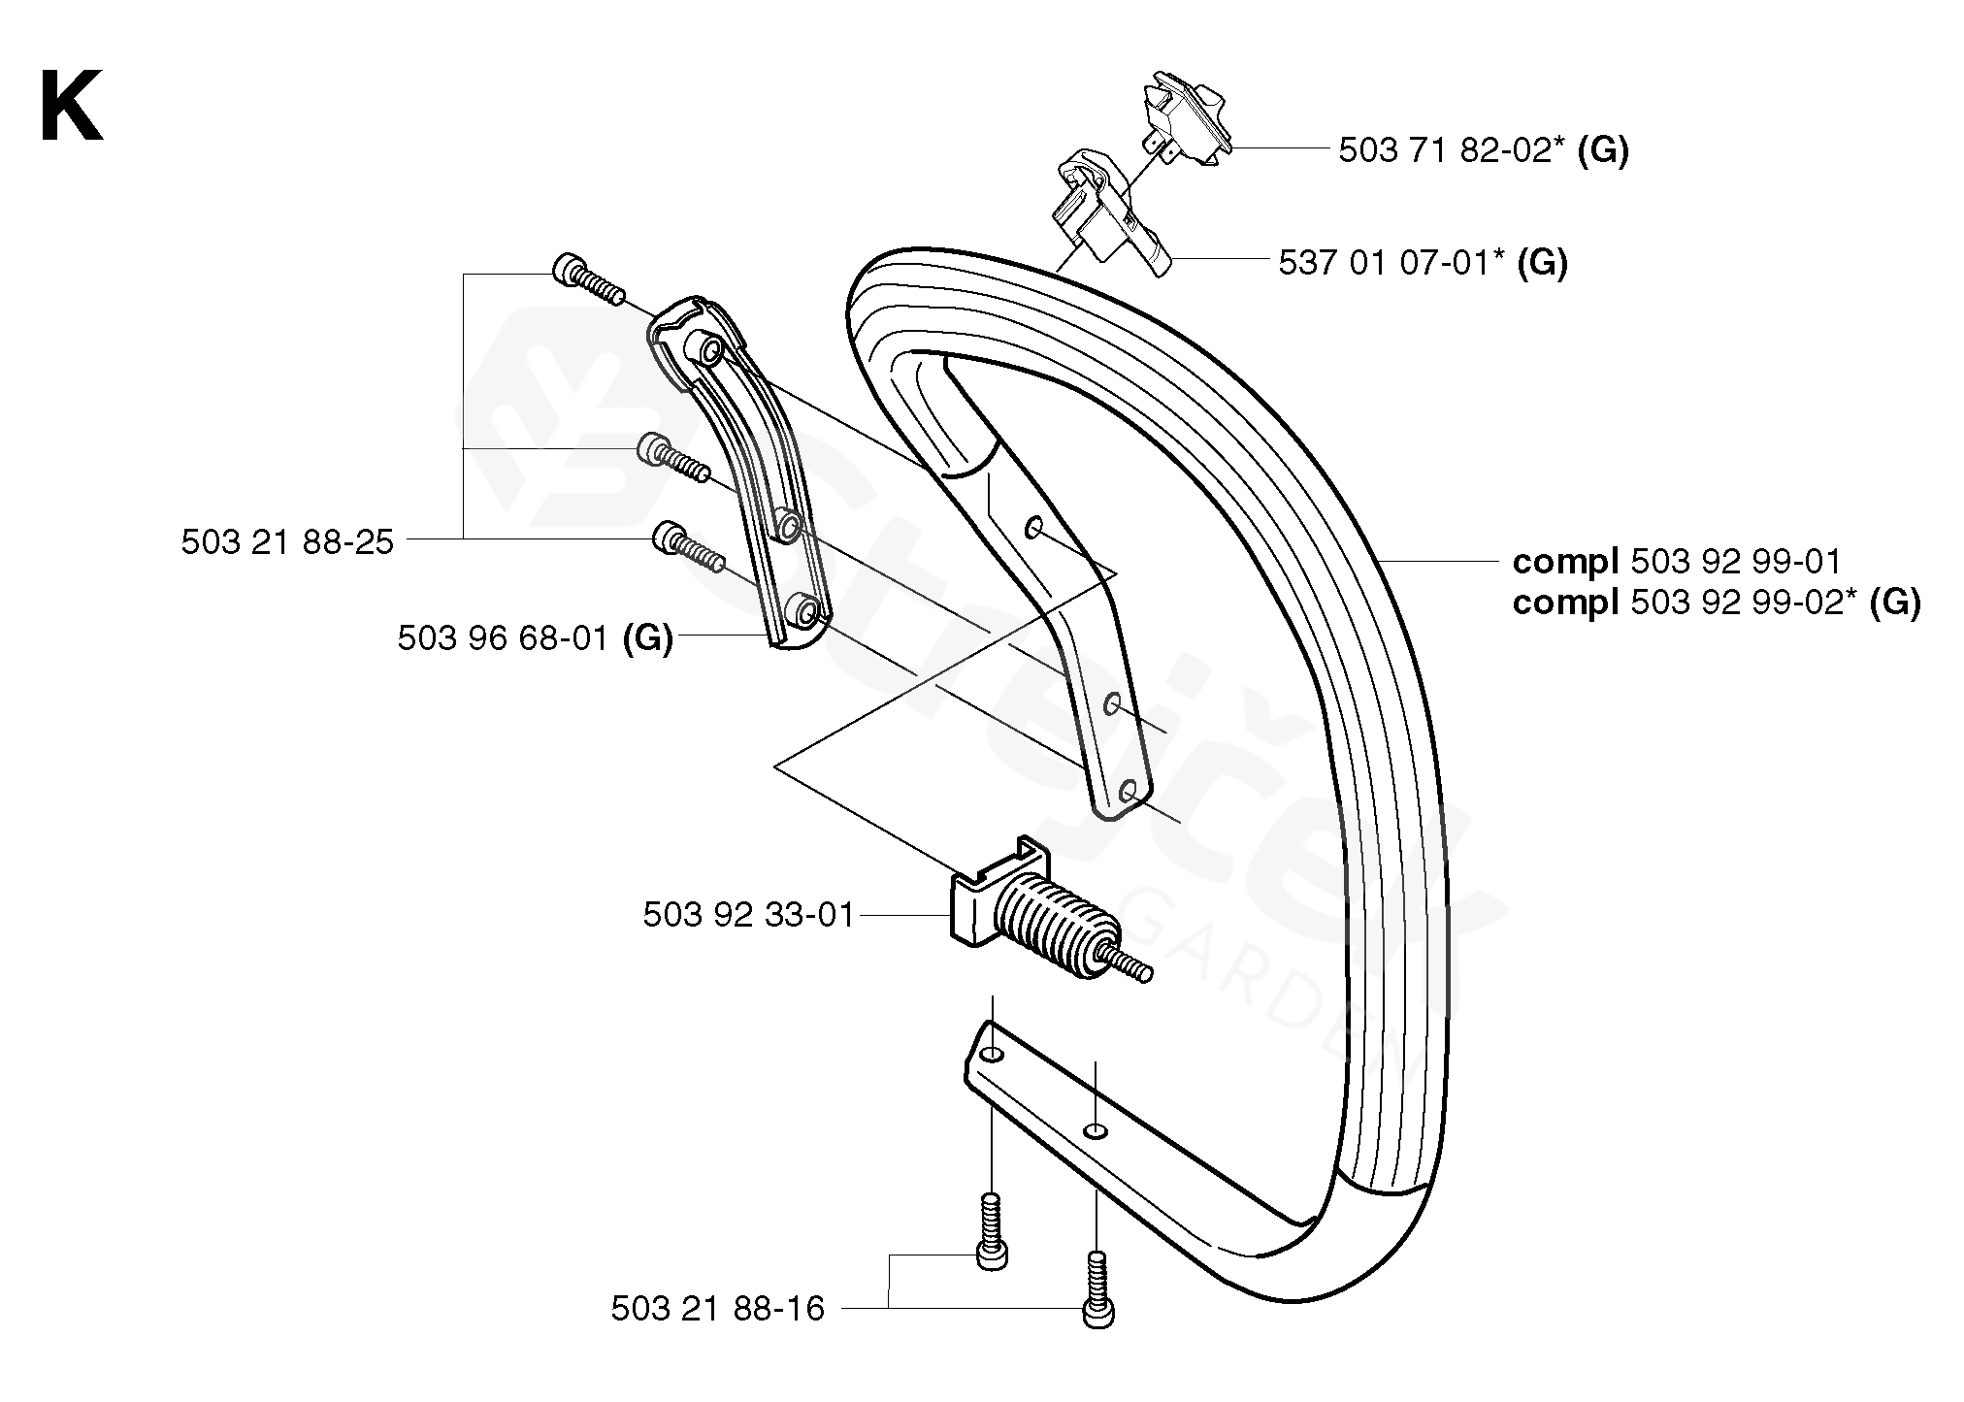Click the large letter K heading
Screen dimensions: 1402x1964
[x=71, y=109]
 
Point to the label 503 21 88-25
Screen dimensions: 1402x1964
[x=287, y=541]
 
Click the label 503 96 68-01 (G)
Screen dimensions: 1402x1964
[x=535, y=638]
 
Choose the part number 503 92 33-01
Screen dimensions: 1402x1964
[x=748, y=914]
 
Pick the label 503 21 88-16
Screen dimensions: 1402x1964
[x=717, y=1309]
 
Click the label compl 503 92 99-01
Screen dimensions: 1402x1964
[x=1676, y=561]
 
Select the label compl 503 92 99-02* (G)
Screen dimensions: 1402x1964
[x=1716, y=603]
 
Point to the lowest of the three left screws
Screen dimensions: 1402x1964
[x=688, y=547]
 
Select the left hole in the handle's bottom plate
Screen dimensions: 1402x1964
[x=988, y=1055]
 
